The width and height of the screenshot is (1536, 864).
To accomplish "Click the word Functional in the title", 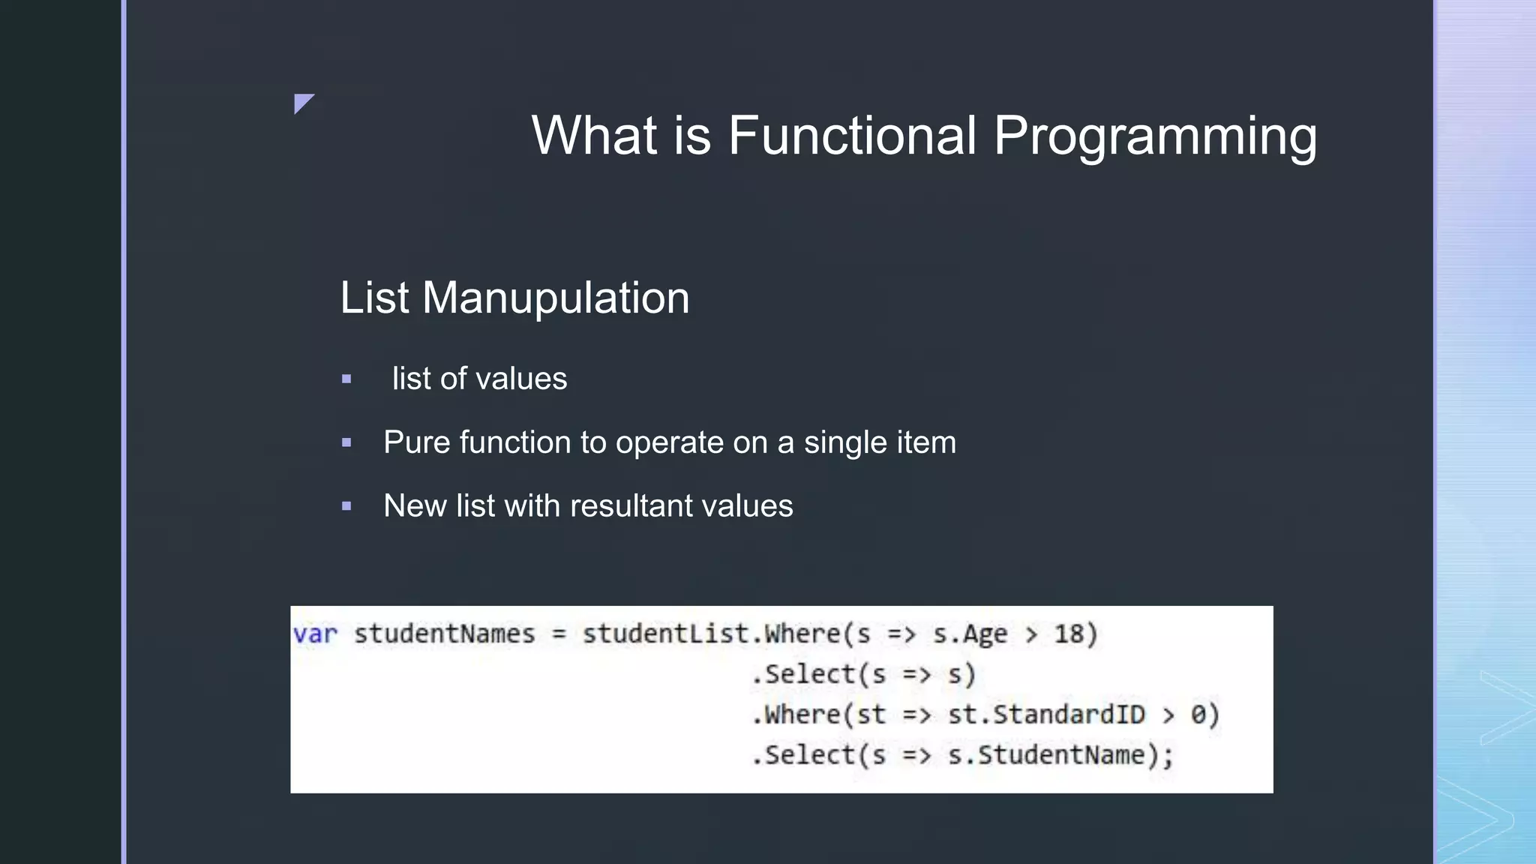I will click(852, 136).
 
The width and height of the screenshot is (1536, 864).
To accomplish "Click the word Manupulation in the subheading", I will click(556, 298).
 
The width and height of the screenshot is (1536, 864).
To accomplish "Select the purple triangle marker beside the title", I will click(302, 102).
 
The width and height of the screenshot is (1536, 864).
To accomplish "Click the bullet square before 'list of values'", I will click(346, 379).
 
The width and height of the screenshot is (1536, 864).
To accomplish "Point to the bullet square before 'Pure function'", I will click(346, 443).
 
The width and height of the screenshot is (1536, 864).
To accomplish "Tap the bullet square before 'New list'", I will click(346, 506).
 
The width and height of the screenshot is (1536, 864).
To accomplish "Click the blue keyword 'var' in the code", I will click(315, 634).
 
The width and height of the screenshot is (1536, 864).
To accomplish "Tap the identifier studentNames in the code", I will click(444, 634).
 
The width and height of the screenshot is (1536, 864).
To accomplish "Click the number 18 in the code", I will click(1069, 634).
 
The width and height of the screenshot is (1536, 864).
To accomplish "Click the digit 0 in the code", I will click(1198, 715).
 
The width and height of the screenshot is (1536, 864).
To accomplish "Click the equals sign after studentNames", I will click(559, 634).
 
